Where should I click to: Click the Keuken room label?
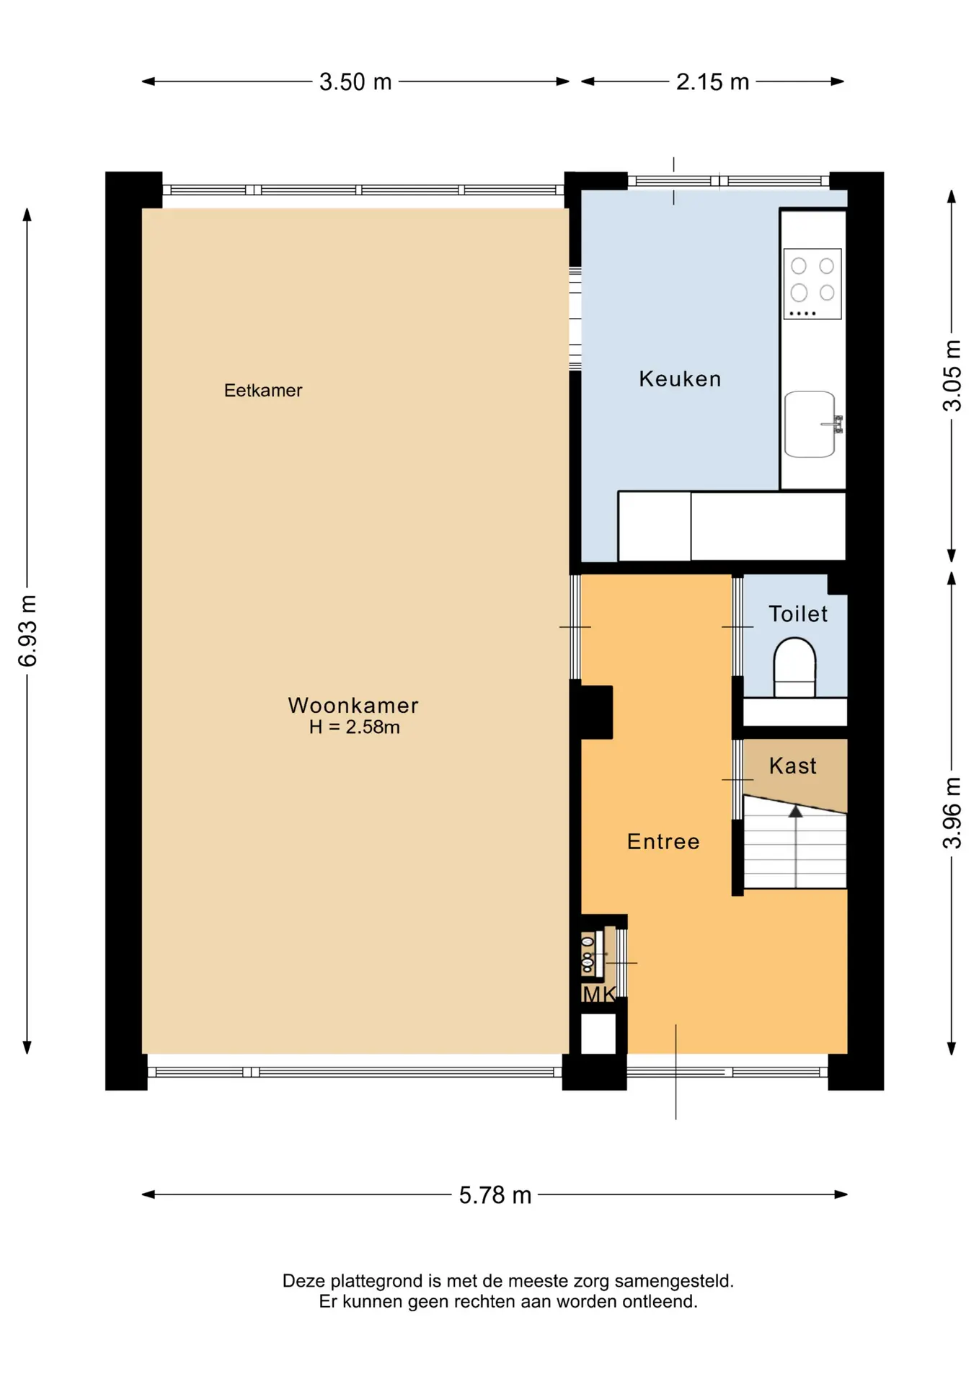680,378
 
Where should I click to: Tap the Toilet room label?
798,613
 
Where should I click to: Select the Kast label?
793,766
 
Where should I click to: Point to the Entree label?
663,841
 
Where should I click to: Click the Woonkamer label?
353,705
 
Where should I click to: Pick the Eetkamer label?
263,390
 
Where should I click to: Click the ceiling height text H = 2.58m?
354,727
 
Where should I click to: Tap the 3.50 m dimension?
355,81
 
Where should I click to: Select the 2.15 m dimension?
712,81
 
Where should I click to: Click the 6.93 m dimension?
27,631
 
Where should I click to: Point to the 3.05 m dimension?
952,375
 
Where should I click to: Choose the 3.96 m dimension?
952,813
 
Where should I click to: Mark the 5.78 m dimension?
495,1194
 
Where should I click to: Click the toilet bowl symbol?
794,667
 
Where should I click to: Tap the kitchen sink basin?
810,424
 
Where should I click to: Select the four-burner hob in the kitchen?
812,284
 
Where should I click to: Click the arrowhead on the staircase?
795,812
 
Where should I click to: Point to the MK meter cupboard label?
599,995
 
